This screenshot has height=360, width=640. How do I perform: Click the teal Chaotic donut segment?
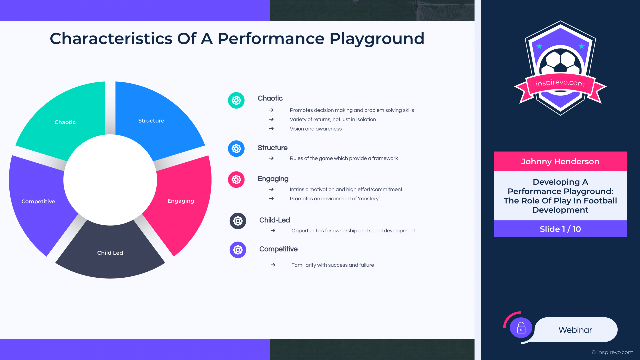pyautogui.click(x=65, y=122)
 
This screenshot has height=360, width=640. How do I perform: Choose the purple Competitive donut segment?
pyautogui.click(x=38, y=202)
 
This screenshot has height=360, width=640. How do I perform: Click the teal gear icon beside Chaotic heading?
pyautogui.click(x=236, y=100)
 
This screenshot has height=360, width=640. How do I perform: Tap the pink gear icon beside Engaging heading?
pyautogui.click(x=236, y=180)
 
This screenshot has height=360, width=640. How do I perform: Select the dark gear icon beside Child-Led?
pyautogui.click(x=238, y=221)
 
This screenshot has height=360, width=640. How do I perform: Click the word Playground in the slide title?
pyautogui.click(x=377, y=39)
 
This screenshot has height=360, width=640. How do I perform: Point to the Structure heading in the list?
pyautogui.click(x=272, y=148)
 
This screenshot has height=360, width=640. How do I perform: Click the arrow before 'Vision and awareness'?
pyautogui.click(x=271, y=129)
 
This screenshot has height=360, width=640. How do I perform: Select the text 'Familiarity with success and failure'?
pyautogui.click(x=333, y=265)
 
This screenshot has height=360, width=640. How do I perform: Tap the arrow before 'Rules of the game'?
pyautogui.click(x=271, y=158)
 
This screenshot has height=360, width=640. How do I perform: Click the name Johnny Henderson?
pyautogui.click(x=560, y=162)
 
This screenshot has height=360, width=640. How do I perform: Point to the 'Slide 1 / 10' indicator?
pyautogui.click(x=560, y=229)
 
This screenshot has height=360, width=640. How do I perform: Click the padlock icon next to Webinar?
pyautogui.click(x=521, y=328)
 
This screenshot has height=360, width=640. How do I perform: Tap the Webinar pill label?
pyautogui.click(x=575, y=330)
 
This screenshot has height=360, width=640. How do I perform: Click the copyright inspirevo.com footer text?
pyautogui.click(x=612, y=352)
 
